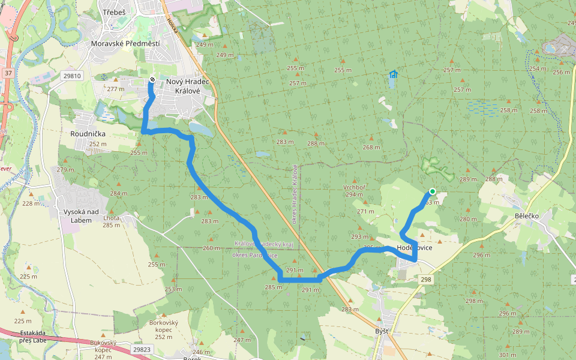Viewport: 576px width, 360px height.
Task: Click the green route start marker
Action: pyautogui.click(x=432, y=192)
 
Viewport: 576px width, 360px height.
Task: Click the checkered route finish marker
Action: pyautogui.click(x=152, y=80)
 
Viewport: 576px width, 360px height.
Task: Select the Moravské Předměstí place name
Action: pyautogui.click(x=125, y=44)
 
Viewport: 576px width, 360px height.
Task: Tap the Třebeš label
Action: pyautogui.click(x=113, y=13)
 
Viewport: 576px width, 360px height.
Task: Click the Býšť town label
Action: pyautogui.click(x=381, y=331)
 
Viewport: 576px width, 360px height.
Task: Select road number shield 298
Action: pyautogui.click(x=425, y=280)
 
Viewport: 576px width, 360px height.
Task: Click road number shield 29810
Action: pyautogui.click(x=71, y=76)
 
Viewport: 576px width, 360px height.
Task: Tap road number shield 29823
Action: pyautogui.click(x=142, y=349)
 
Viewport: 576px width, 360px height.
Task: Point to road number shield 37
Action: pyautogui.click(x=8, y=73)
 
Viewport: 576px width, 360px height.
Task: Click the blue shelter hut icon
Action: pyautogui.click(x=394, y=74)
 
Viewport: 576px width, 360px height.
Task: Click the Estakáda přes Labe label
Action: pyautogui.click(x=34, y=337)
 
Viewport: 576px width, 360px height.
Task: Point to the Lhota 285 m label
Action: pyautogui.click(x=112, y=221)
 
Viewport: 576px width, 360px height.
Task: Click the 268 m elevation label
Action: pyautogui.click(x=371, y=148)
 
